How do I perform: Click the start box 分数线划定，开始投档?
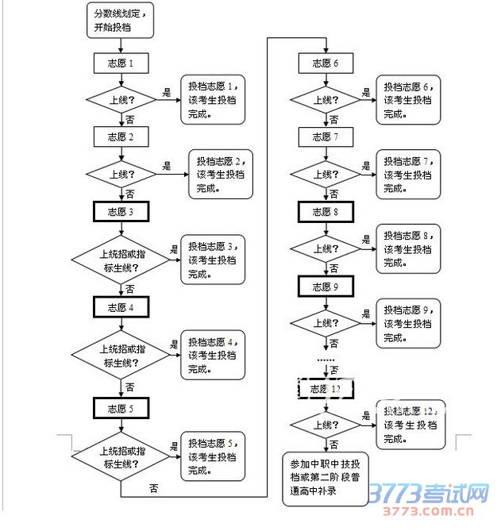point(118,21)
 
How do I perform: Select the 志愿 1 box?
point(121,63)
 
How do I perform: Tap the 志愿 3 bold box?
point(121,211)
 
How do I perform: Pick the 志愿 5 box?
point(121,408)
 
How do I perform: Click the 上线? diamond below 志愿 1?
point(121,100)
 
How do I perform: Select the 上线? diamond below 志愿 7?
point(326,174)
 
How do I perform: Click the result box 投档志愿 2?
point(220,175)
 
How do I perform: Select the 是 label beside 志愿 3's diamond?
point(174,249)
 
